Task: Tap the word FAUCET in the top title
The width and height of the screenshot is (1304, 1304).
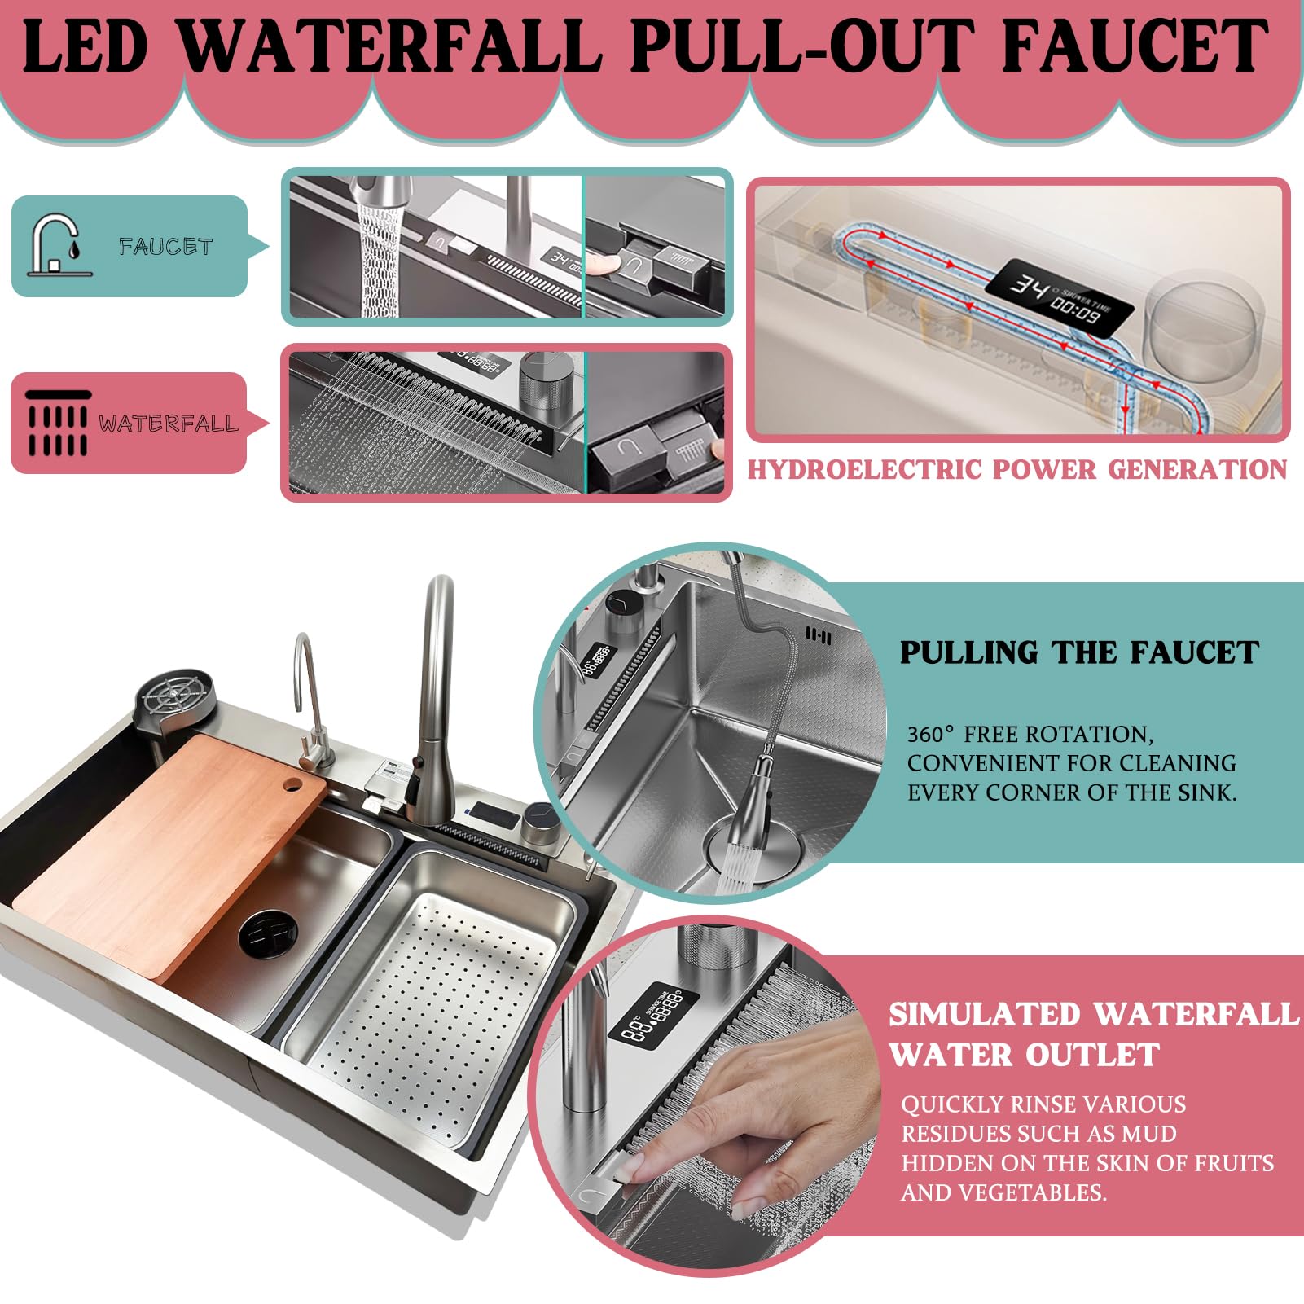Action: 1135,46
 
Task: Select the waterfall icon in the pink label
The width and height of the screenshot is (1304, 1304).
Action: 57,422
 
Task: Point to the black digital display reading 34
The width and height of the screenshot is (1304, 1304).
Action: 1060,297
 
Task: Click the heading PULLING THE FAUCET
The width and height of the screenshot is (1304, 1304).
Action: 1079,652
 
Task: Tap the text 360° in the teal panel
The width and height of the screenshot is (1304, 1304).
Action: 930,734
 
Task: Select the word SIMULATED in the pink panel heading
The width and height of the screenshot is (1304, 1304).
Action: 985,1014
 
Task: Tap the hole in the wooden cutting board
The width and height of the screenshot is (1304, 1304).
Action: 292,785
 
